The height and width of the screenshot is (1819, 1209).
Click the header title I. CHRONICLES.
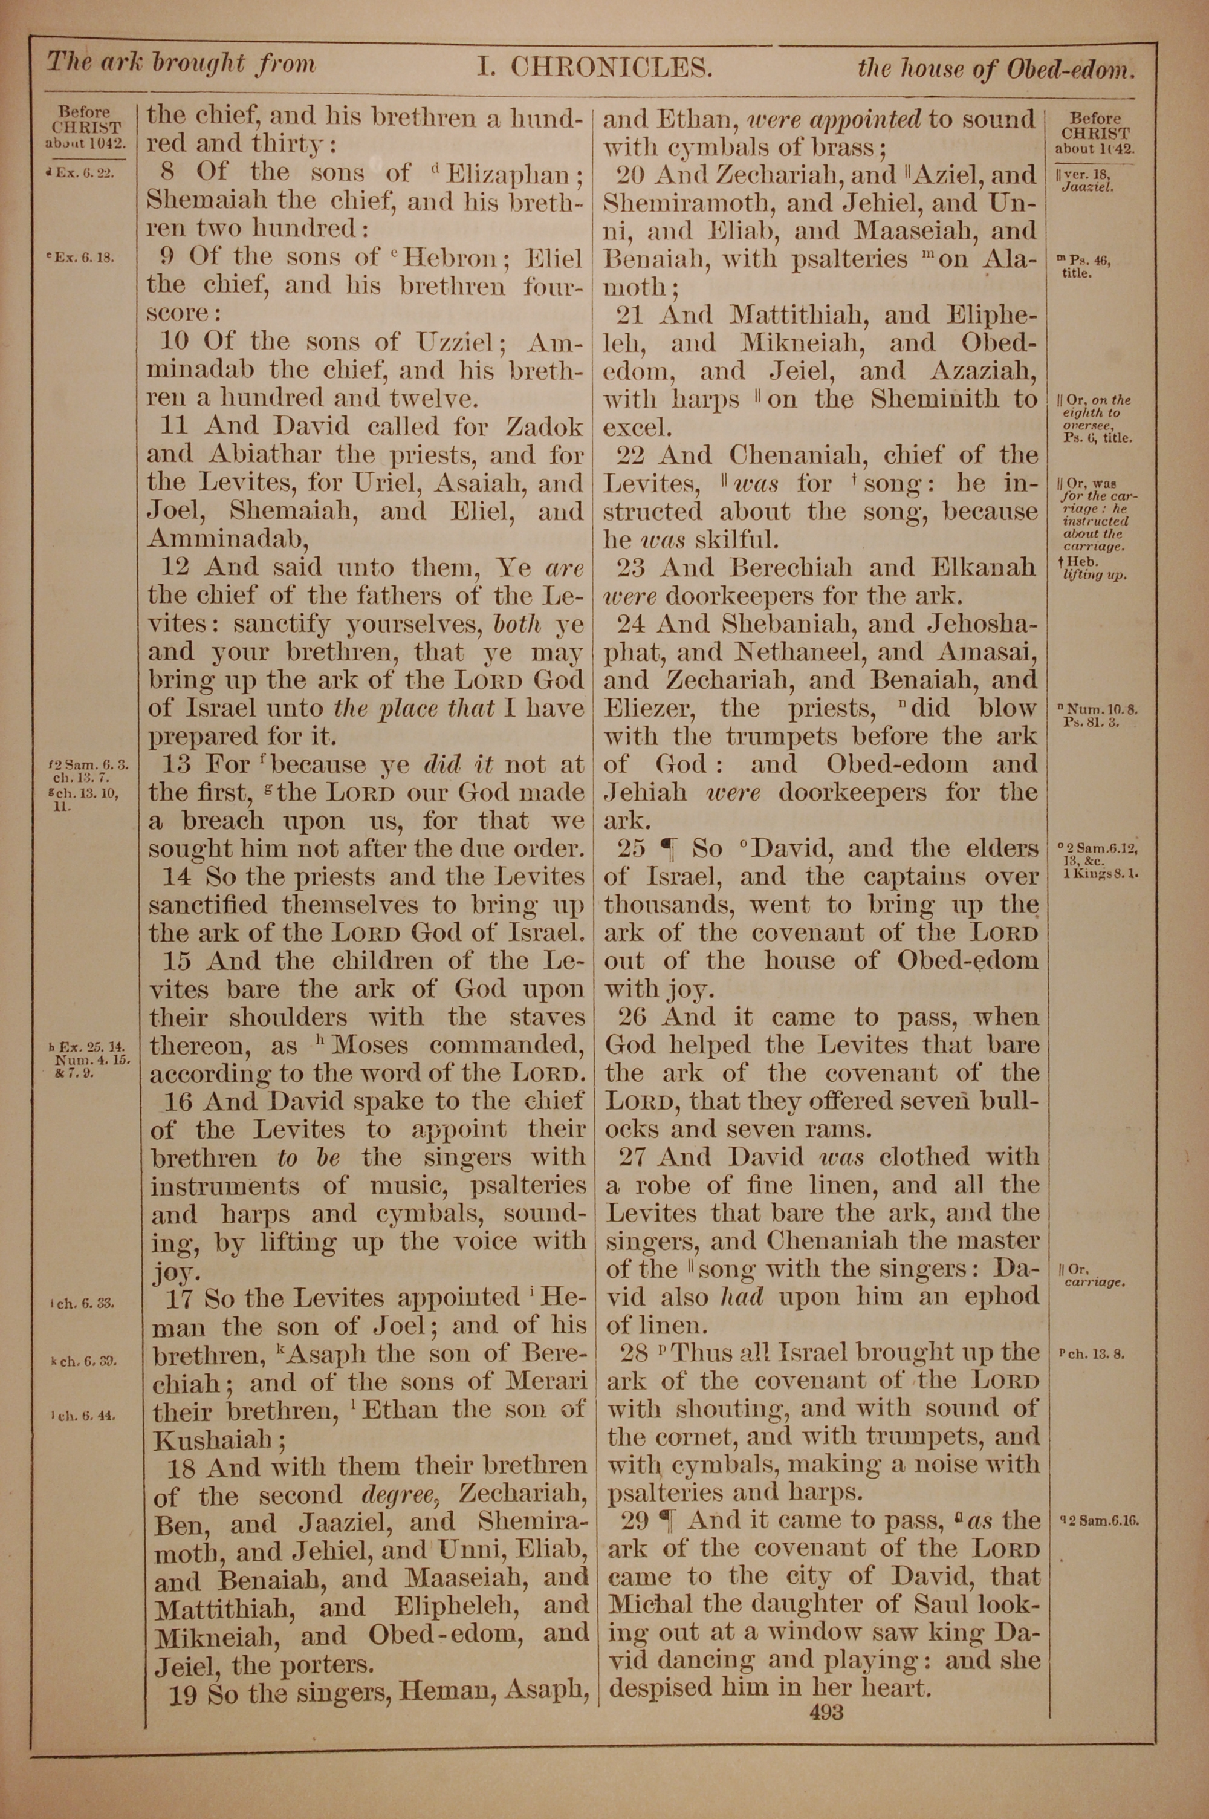tap(594, 68)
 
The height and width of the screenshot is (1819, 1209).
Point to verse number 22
tap(630, 456)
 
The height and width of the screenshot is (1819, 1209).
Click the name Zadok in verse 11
tap(545, 426)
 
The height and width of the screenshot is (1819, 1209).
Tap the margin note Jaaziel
tap(1087, 187)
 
